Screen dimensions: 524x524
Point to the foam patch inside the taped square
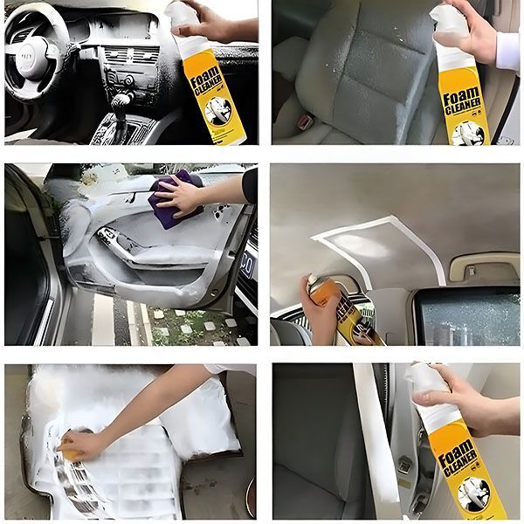coord(376,249)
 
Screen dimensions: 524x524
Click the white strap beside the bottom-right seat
coord(371,437)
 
